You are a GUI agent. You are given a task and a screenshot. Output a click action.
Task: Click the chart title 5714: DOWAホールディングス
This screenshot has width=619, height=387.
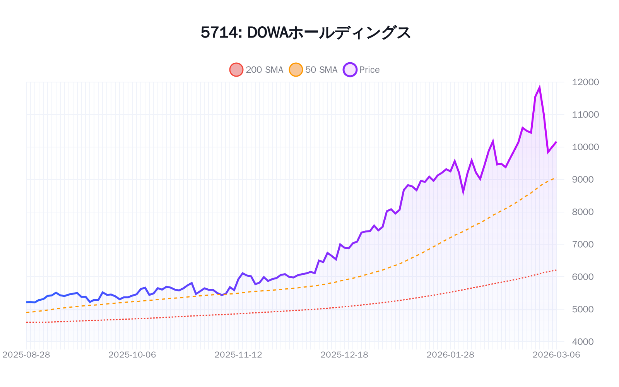306,33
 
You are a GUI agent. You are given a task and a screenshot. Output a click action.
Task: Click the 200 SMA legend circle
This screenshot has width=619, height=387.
236,70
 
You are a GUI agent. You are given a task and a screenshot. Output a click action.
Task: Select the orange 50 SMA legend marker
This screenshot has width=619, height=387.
296,70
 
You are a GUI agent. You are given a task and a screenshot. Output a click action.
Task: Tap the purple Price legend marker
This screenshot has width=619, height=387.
350,70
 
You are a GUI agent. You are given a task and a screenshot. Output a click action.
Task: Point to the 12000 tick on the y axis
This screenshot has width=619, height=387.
585,82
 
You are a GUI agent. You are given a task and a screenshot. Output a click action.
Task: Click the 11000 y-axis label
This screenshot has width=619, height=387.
585,115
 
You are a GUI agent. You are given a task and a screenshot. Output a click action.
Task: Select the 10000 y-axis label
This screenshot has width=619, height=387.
585,147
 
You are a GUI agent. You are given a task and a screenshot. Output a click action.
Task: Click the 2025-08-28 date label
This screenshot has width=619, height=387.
26,355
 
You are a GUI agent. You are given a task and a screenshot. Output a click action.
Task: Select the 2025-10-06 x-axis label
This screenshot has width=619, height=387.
132,355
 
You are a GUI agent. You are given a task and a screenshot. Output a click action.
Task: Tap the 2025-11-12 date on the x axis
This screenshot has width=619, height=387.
238,355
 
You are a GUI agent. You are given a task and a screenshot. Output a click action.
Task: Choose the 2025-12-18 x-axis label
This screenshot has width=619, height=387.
344,355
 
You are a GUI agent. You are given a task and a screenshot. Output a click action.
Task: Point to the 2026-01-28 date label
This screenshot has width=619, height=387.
450,355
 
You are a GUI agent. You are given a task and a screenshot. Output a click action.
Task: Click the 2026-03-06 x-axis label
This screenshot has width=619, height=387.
556,355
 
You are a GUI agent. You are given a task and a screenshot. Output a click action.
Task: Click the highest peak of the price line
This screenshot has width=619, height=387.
539,87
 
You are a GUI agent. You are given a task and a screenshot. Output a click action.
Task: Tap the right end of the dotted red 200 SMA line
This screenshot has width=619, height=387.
556,270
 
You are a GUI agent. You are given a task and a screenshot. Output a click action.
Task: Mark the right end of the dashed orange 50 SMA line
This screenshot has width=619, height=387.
556,178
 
